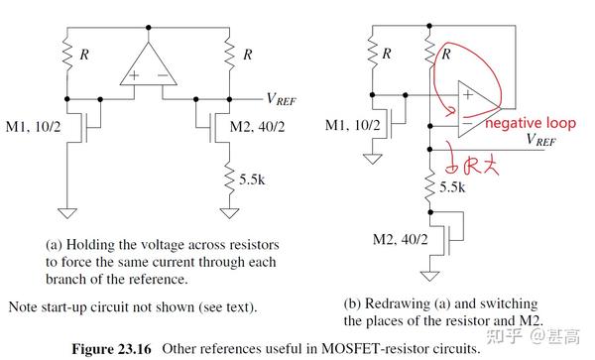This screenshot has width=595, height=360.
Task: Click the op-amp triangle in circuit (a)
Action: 147,66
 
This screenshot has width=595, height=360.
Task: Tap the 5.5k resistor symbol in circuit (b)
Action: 430,187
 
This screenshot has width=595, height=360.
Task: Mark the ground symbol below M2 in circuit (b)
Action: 430,279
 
